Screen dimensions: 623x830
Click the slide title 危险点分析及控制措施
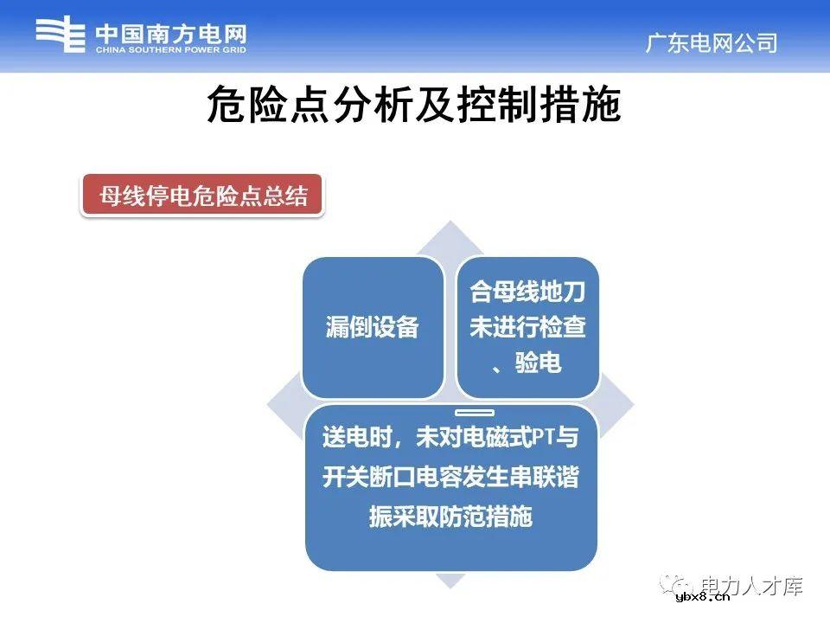[x=414, y=107]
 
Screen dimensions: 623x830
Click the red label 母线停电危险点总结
[x=203, y=196]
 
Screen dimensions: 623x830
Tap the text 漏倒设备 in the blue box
[x=372, y=327]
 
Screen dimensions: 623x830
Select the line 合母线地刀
[x=527, y=292]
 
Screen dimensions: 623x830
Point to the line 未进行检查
[x=527, y=328]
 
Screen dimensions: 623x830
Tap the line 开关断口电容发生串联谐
[x=450, y=478]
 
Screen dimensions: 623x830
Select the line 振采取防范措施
[x=450, y=517]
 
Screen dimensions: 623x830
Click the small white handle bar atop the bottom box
[x=474, y=413]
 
